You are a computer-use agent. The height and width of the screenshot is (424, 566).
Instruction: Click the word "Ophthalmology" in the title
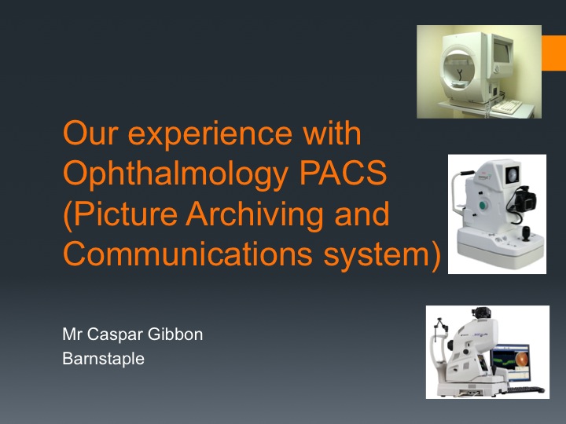(176, 174)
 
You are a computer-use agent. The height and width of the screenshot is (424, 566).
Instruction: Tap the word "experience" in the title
(209, 134)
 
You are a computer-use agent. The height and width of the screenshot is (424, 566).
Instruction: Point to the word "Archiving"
(255, 214)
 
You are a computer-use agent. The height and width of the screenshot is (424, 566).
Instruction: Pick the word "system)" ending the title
(382, 254)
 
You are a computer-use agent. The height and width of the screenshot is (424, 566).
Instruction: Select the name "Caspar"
(116, 335)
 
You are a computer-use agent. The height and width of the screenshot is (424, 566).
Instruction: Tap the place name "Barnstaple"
(103, 359)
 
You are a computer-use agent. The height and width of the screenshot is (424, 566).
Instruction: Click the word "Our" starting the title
(90, 133)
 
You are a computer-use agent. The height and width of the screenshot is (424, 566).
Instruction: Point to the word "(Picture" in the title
(120, 214)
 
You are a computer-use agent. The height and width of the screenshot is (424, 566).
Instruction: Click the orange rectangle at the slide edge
(553, 53)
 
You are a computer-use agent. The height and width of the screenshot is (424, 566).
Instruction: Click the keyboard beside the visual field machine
(507, 106)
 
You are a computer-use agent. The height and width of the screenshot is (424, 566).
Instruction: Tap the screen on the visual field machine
(502, 53)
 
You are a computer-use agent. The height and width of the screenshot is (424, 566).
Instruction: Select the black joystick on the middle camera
(526, 233)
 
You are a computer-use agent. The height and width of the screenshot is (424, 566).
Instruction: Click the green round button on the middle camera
(483, 206)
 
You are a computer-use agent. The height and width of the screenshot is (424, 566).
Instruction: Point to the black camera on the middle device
(524, 200)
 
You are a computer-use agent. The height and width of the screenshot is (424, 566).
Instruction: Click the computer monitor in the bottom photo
(511, 362)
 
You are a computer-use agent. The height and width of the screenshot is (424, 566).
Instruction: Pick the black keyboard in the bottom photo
(526, 389)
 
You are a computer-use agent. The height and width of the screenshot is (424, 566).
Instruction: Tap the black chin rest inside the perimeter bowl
(460, 75)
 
